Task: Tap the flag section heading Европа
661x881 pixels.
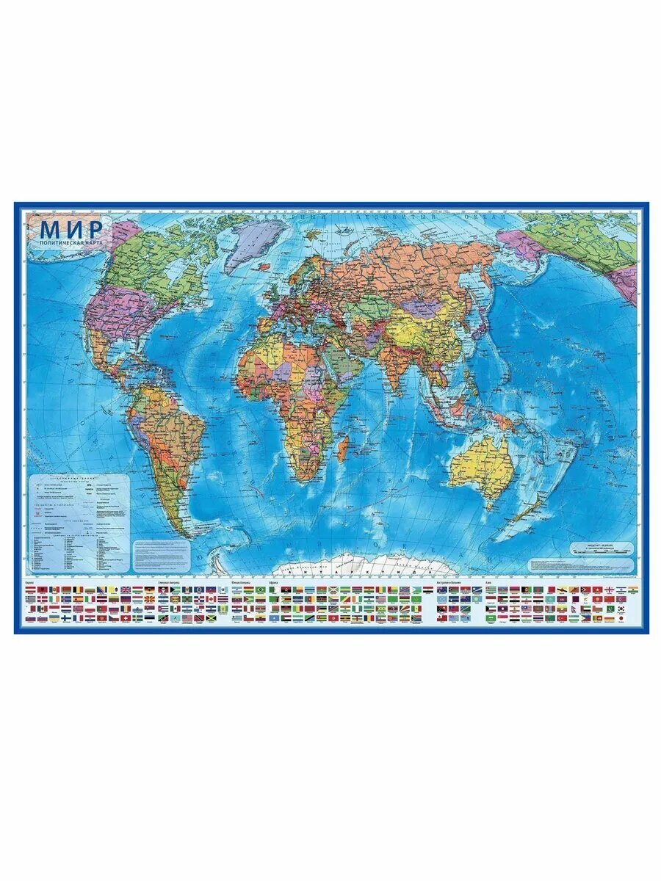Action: (30, 583)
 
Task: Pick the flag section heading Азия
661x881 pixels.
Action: (489, 583)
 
